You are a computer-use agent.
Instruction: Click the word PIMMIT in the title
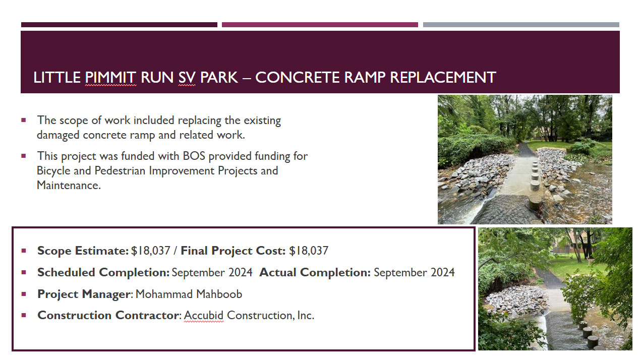coord(110,78)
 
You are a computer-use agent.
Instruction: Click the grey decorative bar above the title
coord(521,25)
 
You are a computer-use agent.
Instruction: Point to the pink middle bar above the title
coord(320,25)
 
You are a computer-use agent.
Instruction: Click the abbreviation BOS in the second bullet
coord(194,156)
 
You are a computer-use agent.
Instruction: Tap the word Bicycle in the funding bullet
coord(53,171)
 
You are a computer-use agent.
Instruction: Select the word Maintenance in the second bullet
coord(69,186)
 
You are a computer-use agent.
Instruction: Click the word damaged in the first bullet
coord(58,135)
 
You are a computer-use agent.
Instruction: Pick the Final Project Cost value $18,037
coord(309,251)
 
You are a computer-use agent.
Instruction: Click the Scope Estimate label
coord(83,251)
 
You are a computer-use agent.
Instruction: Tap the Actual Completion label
coord(315,272)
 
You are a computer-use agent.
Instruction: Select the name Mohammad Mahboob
coord(189,294)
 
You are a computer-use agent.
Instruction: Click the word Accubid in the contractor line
coord(203,315)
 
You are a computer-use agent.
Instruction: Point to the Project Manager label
coord(84,294)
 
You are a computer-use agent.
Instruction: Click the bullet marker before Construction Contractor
coord(24,315)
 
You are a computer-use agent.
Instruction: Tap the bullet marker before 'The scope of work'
coord(24,120)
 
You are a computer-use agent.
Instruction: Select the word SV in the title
coord(187,78)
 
